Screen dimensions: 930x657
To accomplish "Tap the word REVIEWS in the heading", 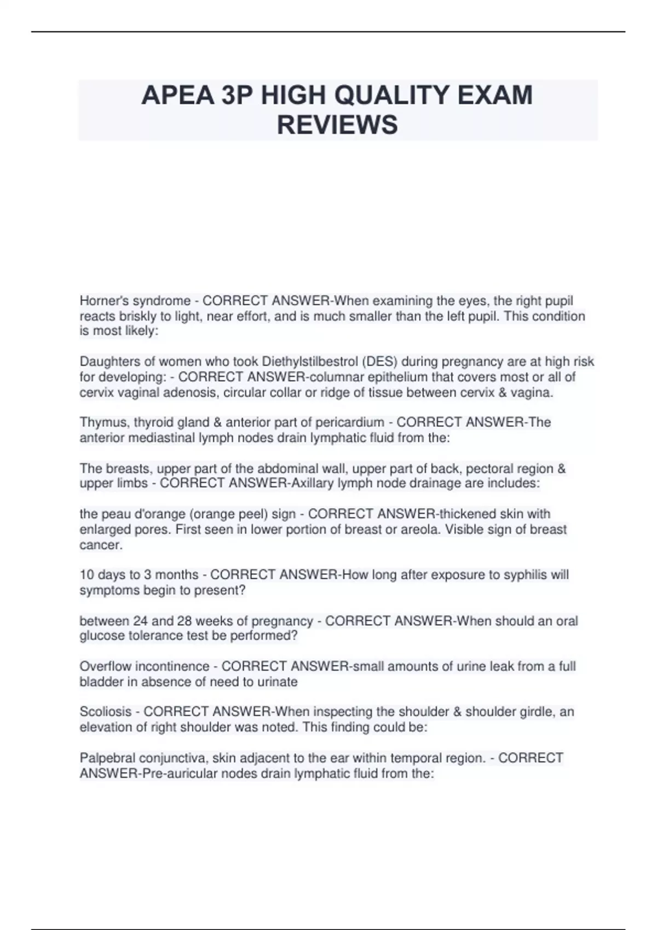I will click(x=337, y=125).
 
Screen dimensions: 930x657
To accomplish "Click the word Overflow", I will click(x=106, y=666).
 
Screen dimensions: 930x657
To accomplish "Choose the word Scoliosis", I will click(x=106, y=712).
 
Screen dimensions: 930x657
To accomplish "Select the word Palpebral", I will click(x=108, y=758).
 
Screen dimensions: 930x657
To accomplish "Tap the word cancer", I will click(x=101, y=545).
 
